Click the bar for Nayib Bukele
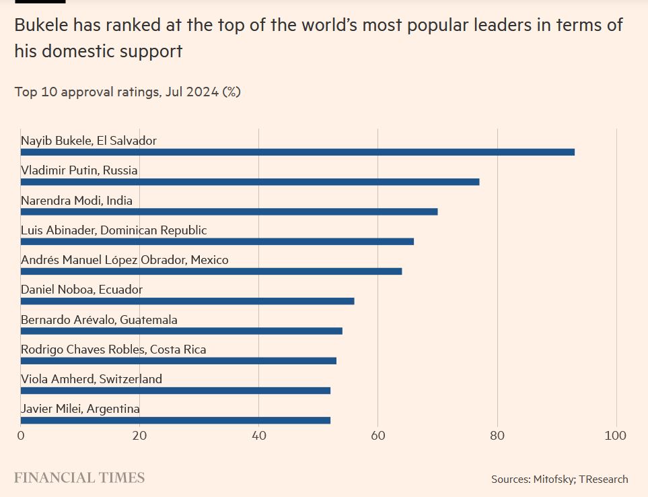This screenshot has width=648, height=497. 297,152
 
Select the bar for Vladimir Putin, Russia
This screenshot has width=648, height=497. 250,182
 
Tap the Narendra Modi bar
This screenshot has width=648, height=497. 229,211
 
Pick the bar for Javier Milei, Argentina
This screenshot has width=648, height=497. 176,420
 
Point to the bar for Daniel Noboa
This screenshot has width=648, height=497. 187,301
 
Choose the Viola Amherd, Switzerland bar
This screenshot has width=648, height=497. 176,391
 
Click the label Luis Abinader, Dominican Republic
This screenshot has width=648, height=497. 114,230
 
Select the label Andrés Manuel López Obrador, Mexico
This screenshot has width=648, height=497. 124,260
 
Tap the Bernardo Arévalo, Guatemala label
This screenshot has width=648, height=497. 99,320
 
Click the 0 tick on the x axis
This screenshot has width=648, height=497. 21,436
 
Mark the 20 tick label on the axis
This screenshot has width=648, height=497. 140,436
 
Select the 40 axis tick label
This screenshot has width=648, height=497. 259,436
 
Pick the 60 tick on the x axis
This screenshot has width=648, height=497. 378,436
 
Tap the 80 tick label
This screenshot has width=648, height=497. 497,436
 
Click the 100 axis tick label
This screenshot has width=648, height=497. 616,436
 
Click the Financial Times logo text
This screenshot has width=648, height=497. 79,478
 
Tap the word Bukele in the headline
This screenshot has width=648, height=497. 46,26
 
